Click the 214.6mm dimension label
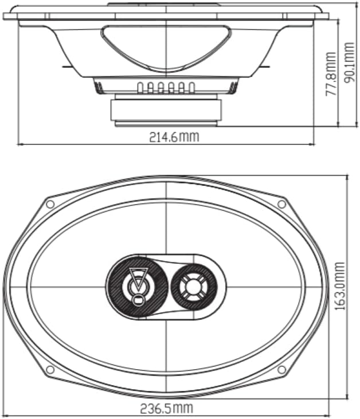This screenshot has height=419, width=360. tap(174, 137)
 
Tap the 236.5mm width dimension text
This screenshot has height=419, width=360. tap(166, 408)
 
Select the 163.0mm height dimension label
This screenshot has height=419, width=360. tap(340, 286)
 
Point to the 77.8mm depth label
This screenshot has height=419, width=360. tap(330, 74)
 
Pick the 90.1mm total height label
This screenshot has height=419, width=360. tap(349, 62)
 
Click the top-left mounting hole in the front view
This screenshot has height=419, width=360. tap(50, 204)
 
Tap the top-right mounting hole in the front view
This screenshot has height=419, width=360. tap(281, 204)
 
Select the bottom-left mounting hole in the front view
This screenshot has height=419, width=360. tap(50, 370)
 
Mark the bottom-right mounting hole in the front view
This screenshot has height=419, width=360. tap(281, 370)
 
